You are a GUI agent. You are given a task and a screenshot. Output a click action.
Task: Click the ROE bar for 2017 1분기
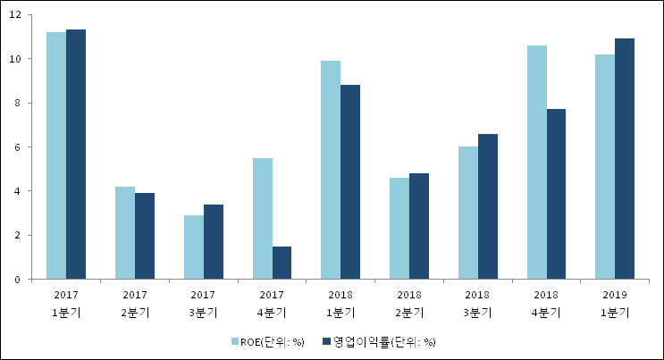[x=56, y=155]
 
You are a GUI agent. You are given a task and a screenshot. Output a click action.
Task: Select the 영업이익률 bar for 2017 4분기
[x=282, y=263]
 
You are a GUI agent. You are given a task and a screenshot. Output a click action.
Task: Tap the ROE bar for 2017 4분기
[x=262, y=219]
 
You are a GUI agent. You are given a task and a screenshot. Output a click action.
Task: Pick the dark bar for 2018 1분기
[x=350, y=182]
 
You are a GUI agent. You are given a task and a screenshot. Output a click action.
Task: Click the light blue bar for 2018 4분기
[x=537, y=163]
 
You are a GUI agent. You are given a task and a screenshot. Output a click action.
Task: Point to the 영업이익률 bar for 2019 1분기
[x=625, y=159]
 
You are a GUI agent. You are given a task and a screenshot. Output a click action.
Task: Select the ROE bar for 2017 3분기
[x=194, y=247]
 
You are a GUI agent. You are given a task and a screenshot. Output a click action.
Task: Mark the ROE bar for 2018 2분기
[x=399, y=229]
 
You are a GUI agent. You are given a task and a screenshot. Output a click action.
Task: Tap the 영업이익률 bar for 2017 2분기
[x=145, y=236]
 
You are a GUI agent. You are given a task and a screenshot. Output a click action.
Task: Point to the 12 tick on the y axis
[x=15, y=15]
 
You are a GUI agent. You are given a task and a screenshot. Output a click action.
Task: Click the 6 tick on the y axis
[x=18, y=147]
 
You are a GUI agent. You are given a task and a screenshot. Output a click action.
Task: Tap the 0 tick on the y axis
[x=18, y=279]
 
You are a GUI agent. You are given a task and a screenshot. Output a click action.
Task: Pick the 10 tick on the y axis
[x=15, y=59]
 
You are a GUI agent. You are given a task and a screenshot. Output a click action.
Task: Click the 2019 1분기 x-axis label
[x=615, y=302]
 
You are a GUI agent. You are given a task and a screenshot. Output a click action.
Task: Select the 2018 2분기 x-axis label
[x=409, y=302]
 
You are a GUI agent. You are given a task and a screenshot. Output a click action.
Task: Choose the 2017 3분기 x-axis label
[x=204, y=302]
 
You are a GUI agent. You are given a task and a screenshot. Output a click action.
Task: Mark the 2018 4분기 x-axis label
[x=546, y=302]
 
